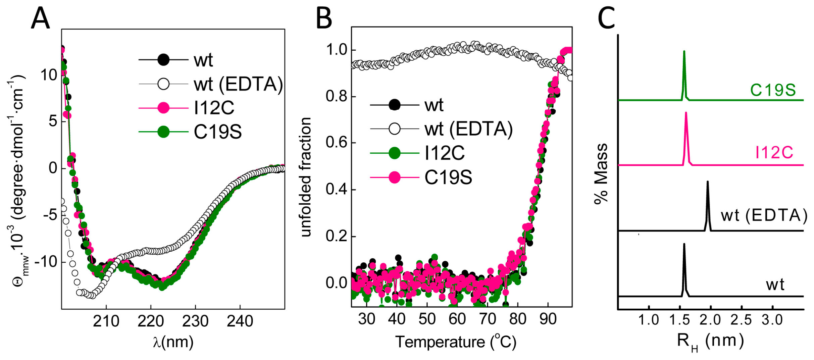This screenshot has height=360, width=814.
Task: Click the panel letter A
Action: pyautogui.click(x=40, y=19)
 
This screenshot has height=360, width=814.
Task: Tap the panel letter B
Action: pyautogui.click(x=324, y=19)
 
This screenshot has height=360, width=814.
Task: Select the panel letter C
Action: pyautogui.click(x=606, y=19)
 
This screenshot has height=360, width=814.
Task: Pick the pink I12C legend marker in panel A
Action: pyautogui.click(x=163, y=108)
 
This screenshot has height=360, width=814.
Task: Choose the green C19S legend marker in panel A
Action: pyautogui.click(x=163, y=132)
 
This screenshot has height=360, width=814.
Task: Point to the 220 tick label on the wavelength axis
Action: pyautogui.click(x=151, y=321)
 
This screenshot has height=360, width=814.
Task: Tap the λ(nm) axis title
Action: pyautogui.click(x=173, y=342)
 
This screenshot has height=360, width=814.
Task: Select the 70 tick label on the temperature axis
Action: pyautogui.click(x=487, y=319)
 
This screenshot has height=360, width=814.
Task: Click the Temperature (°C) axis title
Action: pyautogui.click(x=456, y=342)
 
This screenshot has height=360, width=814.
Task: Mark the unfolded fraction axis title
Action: pyautogui.click(x=306, y=177)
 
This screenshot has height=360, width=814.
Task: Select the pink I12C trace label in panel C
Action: pyautogui.click(x=774, y=153)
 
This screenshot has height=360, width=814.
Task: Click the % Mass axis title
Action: pyautogui.click(x=601, y=174)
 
